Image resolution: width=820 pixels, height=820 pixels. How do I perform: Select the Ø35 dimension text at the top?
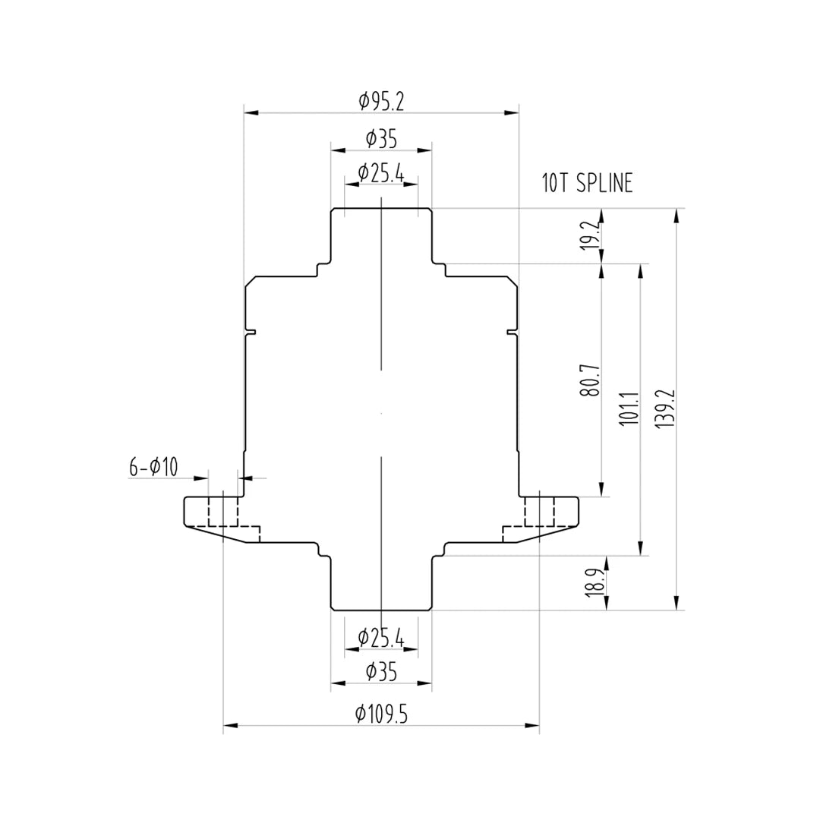pyautogui.click(x=380, y=139)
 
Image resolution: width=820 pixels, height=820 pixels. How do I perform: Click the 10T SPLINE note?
pyautogui.click(x=587, y=184)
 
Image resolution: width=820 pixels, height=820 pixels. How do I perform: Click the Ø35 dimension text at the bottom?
pyautogui.click(x=380, y=671)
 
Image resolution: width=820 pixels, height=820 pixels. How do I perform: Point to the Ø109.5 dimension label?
pyautogui.click(x=380, y=714)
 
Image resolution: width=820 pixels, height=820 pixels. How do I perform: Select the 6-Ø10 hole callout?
pyautogui.click(x=153, y=467)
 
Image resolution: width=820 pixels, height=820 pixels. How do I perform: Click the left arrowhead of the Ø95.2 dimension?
pyautogui.click(x=251, y=112)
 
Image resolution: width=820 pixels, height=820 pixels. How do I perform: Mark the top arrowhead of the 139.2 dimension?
pyautogui.click(x=676, y=216)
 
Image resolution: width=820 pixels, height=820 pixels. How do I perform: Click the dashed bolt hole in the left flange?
pyautogui.click(x=223, y=510)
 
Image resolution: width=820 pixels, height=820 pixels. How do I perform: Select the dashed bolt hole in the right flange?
pyautogui.click(x=539, y=510)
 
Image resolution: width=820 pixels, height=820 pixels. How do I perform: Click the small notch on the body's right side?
pyautogui.click(x=511, y=330)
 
